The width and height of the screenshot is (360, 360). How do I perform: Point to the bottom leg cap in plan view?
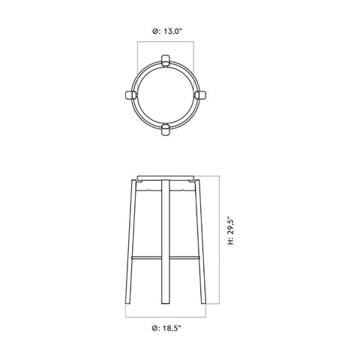tap(166, 131)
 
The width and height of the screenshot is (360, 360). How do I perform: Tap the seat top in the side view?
tap(166, 178)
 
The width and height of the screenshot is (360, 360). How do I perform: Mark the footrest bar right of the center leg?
tap(184, 256)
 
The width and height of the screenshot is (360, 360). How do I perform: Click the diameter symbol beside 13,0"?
tap(154, 31)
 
